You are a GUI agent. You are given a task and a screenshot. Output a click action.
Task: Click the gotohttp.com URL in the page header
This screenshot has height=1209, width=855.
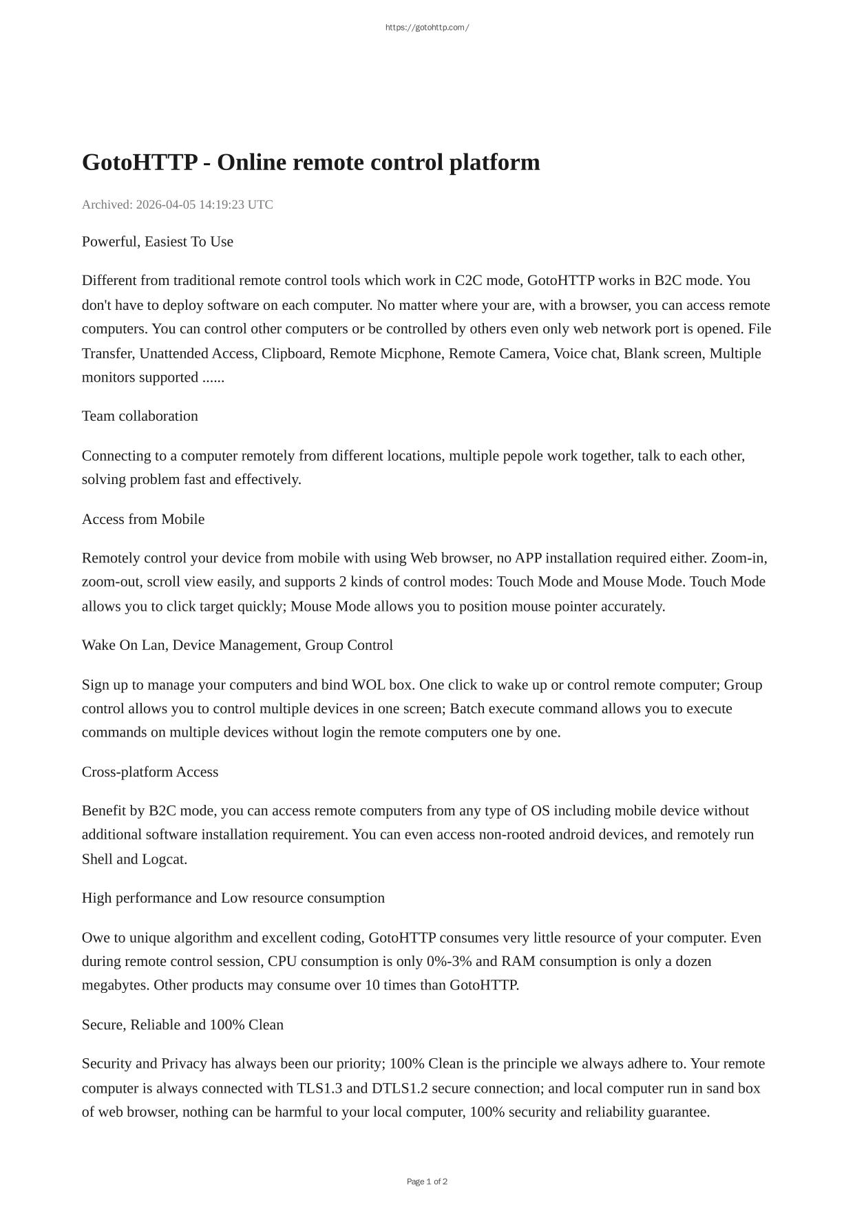point(427,28)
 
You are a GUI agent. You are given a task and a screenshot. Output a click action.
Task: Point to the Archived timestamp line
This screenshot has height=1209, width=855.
point(177,204)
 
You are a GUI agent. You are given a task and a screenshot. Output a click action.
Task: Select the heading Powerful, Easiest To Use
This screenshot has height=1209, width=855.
point(157,242)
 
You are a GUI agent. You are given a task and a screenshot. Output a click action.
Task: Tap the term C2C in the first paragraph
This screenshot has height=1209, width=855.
point(468,280)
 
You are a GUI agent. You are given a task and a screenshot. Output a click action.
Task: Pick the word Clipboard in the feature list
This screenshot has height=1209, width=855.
point(291,353)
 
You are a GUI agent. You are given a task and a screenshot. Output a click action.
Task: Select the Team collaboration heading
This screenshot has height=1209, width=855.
point(140,416)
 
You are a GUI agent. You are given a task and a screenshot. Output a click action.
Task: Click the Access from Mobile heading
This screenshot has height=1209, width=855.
point(142,519)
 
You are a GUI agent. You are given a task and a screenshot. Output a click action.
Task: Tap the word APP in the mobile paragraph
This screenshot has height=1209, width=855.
point(528,558)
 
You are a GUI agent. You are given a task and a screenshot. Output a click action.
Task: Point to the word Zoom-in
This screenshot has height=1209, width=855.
point(739,558)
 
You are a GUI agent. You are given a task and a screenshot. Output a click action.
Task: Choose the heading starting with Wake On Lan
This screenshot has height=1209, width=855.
point(237,645)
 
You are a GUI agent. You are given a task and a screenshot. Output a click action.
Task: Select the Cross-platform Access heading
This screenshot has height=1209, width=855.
point(149,772)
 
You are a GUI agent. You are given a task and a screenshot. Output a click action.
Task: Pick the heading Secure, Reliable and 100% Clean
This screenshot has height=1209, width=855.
point(182,1024)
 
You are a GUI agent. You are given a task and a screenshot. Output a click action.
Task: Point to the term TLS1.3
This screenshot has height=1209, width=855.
point(319,1089)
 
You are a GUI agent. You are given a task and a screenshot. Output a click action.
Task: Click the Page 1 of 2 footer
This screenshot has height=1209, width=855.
point(427,1181)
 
